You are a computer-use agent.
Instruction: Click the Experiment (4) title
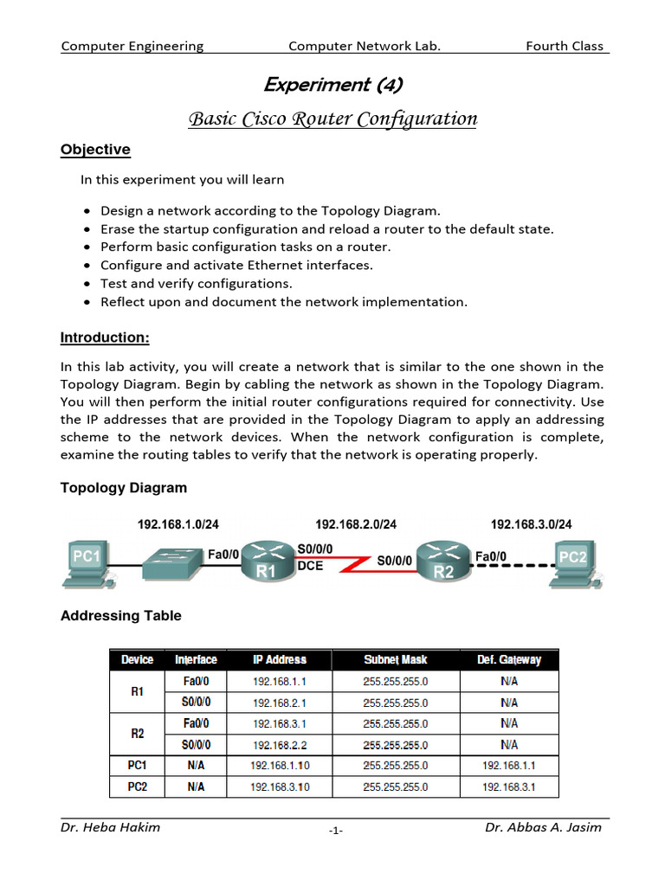pos(332,85)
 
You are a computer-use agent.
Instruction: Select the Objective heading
pos(95,150)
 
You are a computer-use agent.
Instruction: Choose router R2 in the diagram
pos(442,562)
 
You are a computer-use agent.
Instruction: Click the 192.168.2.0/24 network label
pos(356,524)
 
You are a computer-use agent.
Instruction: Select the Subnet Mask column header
pos(395,660)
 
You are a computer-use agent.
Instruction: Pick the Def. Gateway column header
pos(509,660)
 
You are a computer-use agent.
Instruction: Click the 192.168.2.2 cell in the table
pos(279,745)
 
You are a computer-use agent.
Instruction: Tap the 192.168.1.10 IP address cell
pos(279,766)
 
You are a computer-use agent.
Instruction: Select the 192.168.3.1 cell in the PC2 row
pos(509,787)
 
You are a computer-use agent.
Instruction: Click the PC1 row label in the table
pos(138,766)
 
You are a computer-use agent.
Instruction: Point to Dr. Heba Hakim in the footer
pos(110,827)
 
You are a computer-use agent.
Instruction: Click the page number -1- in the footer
pos(336,831)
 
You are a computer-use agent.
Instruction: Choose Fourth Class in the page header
pos(565,46)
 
